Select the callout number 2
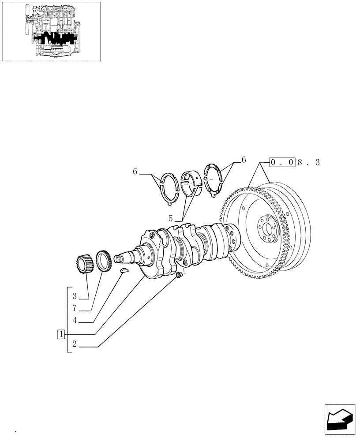click(x=75, y=345)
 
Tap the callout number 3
click(x=75, y=296)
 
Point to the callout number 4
click(x=75, y=321)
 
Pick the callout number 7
click(x=75, y=308)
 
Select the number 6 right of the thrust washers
click(x=243, y=160)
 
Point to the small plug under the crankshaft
click(x=178, y=276)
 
